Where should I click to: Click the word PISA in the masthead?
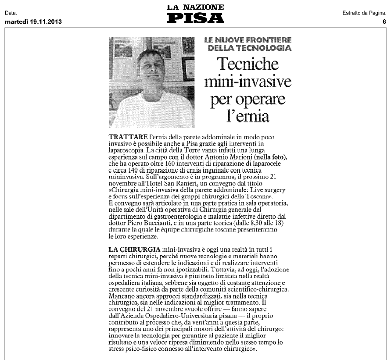(x=195, y=18)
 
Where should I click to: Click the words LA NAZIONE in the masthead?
(x=195, y=7)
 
